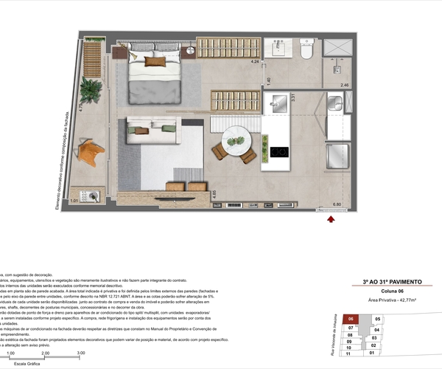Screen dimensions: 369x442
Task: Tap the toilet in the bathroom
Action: pyautogui.click(x=307, y=50)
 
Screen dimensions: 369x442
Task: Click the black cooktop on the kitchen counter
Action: pyautogui.click(x=279, y=153)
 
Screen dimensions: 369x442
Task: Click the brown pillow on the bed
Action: pyautogui.click(x=154, y=62)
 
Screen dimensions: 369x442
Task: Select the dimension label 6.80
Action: pyautogui.click(x=337, y=204)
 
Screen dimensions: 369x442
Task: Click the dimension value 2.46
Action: pyautogui.click(x=343, y=86)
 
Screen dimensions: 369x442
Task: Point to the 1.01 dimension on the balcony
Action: pyautogui.click(x=74, y=201)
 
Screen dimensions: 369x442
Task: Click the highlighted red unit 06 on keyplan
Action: pyautogui.click(x=352, y=319)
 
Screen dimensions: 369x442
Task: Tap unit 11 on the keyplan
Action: pyautogui.click(x=350, y=354)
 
